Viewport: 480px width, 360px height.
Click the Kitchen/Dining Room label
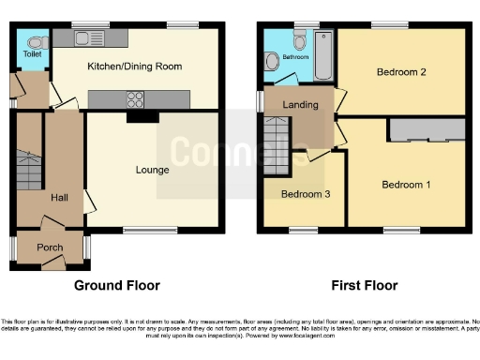(134, 67)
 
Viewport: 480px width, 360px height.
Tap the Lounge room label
(152, 170)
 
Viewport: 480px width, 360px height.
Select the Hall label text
(59, 198)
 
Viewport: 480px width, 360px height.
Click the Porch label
(50, 247)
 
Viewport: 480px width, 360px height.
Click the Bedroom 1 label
(406, 185)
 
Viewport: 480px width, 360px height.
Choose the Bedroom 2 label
(402, 72)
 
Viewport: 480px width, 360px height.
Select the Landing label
(300, 105)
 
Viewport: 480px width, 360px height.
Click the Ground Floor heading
(117, 285)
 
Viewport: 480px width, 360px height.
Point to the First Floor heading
(365, 285)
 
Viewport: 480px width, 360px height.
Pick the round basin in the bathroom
(272, 61)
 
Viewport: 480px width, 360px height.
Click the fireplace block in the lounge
(141, 116)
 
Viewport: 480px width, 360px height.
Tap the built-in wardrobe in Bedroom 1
(427, 130)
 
